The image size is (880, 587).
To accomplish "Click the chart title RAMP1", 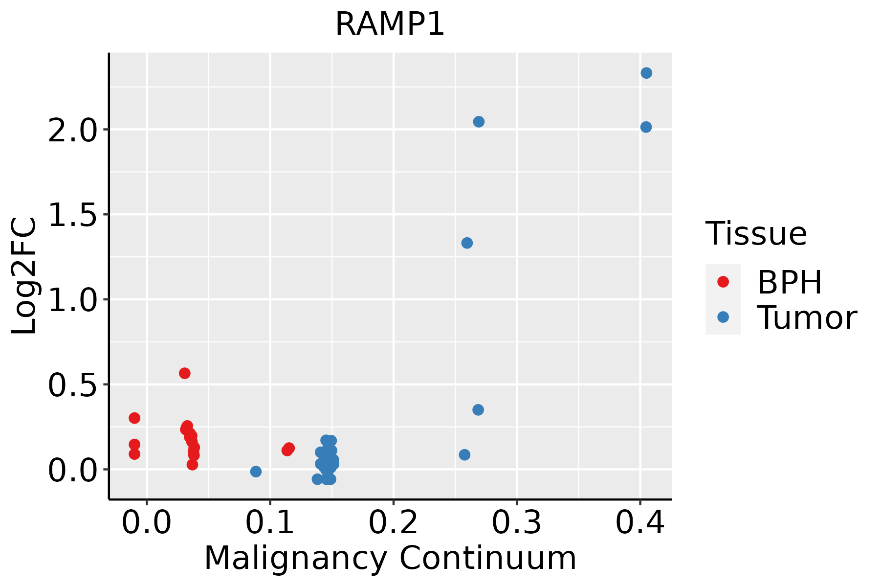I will [x=390, y=24].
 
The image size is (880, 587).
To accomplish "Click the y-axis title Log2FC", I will [x=24, y=276].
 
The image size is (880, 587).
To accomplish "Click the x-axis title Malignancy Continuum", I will [x=390, y=558].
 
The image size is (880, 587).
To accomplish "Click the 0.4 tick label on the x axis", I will [x=639, y=522].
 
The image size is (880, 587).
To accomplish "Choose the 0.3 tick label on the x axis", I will [x=516, y=522].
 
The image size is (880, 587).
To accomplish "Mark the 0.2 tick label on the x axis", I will [x=393, y=522].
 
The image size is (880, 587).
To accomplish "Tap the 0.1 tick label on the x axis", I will [x=270, y=522].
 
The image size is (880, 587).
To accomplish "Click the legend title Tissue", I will [x=756, y=234].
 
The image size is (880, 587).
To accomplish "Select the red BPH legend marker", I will [x=723, y=282].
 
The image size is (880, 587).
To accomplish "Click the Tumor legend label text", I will [x=807, y=318].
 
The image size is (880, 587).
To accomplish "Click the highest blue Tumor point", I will [x=646, y=73].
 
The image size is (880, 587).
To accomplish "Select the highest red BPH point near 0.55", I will [x=184, y=373].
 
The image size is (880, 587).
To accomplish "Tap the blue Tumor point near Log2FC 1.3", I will [x=467, y=243].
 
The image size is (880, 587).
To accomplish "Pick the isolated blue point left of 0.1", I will [x=256, y=472].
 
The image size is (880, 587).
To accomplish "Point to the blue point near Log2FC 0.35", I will [x=478, y=410].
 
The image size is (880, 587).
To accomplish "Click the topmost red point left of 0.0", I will [x=134, y=418].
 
